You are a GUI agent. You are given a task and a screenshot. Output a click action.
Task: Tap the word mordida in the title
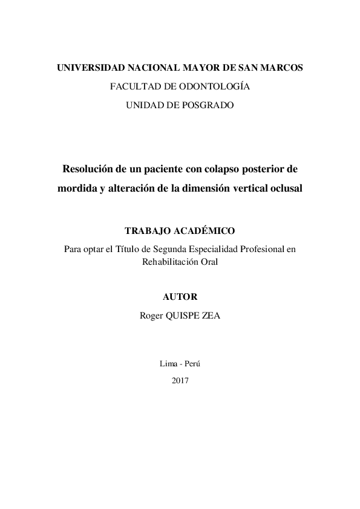77,187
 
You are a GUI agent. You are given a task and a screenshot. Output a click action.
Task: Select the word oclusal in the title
284,187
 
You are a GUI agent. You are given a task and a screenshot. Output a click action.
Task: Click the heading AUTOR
180,297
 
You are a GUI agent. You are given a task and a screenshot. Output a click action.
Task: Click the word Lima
168,363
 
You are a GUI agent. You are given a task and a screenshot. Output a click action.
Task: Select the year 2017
180,381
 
